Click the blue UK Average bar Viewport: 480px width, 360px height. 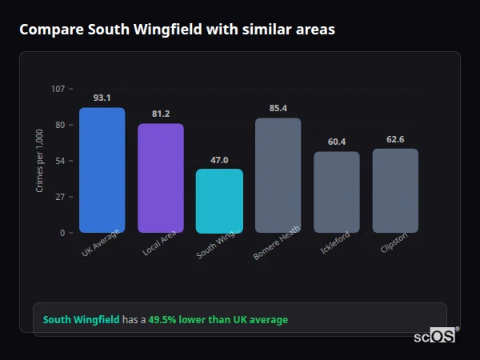pos(102,170)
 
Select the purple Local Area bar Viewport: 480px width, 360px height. pos(161,178)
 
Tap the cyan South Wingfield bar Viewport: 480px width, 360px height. pos(219,201)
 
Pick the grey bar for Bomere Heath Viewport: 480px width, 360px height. pos(278,176)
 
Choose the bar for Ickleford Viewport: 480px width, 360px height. pos(336,192)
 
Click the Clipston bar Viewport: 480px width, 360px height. pos(395,190)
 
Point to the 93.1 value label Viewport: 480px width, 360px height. pos(102,98)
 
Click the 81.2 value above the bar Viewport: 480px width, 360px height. pos(161,114)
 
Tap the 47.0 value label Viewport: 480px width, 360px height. pos(219,159)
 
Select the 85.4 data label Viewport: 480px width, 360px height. pos(278,108)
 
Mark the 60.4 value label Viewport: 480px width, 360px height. pos(336,142)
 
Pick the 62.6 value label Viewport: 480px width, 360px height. pos(395,139)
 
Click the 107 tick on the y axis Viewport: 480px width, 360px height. pos(58,89)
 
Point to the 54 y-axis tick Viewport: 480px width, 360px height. pos(60,161)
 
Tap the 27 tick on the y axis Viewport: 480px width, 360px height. pos(60,197)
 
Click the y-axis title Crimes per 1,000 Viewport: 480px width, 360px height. pos(39,160)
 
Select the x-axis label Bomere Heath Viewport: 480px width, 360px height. pos(277,242)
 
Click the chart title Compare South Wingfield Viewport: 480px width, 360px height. pos(177,30)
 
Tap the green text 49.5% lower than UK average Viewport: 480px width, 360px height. pos(218,320)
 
